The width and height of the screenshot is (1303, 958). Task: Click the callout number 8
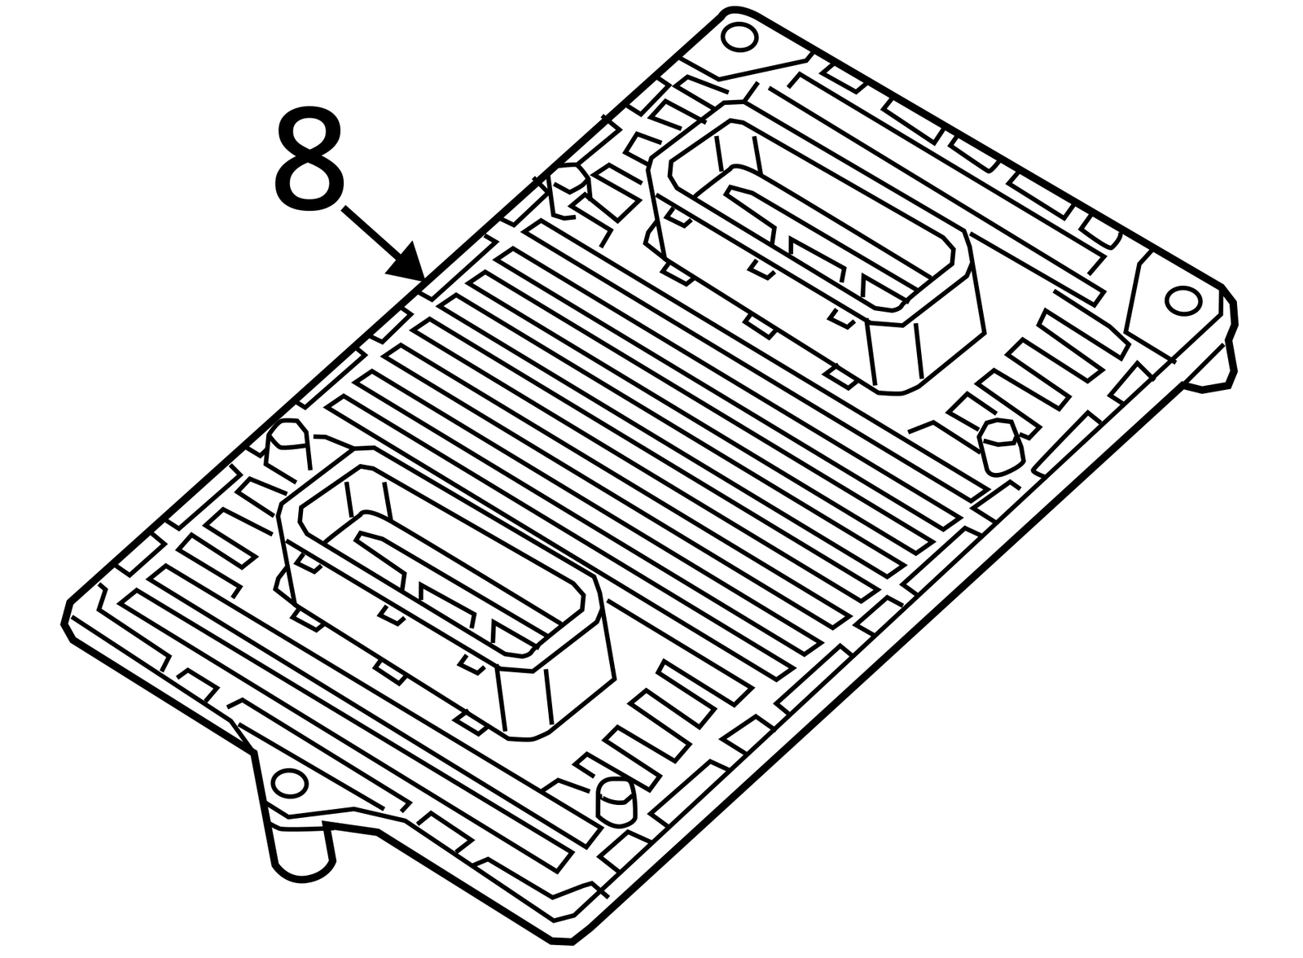point(309,158)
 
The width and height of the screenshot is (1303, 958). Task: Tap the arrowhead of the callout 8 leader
point(408,264)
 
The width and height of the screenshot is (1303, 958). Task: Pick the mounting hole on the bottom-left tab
point(290,784)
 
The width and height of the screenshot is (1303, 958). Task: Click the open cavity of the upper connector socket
point(810,214)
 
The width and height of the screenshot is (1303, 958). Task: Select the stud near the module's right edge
point(1002,444)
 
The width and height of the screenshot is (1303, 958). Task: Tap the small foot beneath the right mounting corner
point(1211,366)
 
